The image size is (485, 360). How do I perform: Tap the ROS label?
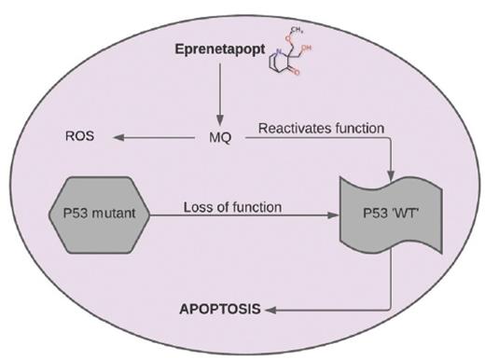pyautogui.click(x=79, y=138)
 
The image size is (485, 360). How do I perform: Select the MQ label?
pyautogui.click(x=220, y=138)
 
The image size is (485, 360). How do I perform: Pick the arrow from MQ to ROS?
pyautogui.click(x=159, y=138)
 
